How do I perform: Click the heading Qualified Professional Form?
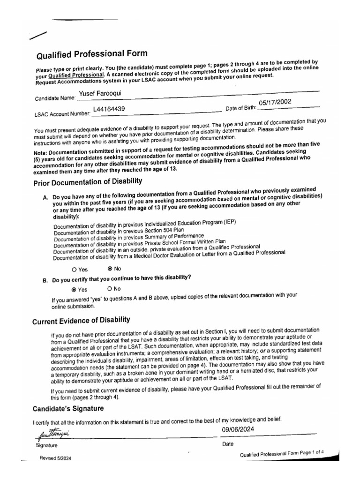[x=91, y=54]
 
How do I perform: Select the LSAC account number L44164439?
[x=109, y=110]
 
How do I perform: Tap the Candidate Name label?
[x=55, y=99]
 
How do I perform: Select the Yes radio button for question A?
[x=75, y=270]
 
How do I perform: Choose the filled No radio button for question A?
[x=110, y=269]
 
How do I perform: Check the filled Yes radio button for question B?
[x=74, y=290]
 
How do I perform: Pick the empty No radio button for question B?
[x=110, y=289]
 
